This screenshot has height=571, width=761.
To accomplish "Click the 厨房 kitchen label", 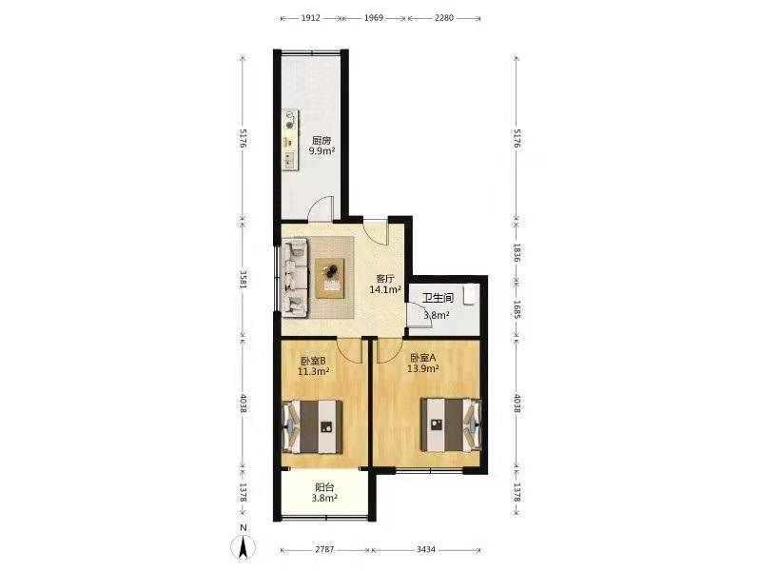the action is click(322, 141).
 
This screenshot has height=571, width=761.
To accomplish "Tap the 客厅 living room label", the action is click(385, 279).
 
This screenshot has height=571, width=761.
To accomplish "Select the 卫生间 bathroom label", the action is click(438, 298).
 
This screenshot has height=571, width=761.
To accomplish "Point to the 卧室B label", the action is click(313, 361).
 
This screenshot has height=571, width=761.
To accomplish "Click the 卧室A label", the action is click(423, 358).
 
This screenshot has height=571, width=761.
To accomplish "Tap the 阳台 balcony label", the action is click(324, 487).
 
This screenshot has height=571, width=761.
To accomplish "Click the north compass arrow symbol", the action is click(244, 547).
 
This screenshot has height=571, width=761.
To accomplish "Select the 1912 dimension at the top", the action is click(311, 18).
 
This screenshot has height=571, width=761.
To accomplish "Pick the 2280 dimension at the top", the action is click(444, 18).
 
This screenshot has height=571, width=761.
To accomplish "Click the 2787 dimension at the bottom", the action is click(324, 550).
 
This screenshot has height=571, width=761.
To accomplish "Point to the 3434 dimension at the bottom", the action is click(426, 550).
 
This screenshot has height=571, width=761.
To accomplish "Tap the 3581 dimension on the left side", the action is click(244, 280).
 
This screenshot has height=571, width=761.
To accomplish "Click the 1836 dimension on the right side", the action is click(517, 253).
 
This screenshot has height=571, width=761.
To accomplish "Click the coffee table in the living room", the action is click(330, 278).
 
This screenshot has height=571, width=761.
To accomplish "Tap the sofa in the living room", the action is click(294, 278).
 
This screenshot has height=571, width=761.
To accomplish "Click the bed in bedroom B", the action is click(313, 426).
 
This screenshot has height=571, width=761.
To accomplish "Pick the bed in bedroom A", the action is click(451, 424).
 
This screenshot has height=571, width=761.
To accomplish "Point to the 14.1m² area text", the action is click(385, 290).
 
